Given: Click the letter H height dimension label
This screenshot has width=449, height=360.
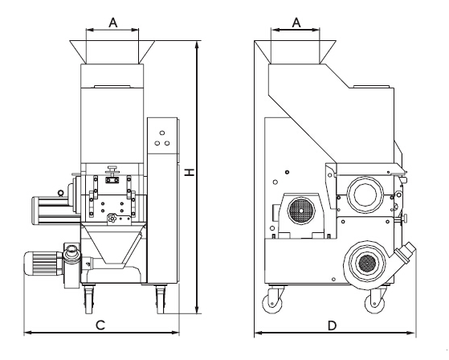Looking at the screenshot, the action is point(189,172).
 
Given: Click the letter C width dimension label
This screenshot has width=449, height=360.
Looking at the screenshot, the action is point(100,325).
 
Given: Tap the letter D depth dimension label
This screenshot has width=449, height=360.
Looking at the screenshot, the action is point(332,325).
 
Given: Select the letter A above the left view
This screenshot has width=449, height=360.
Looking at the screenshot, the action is point(112,22).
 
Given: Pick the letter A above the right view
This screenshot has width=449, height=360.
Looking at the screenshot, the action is point(296,22).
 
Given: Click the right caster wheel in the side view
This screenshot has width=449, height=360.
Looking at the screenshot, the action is point(374,303).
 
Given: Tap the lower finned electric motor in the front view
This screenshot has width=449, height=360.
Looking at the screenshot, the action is point(43,264).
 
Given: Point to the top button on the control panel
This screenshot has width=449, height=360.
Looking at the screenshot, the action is point(162,133).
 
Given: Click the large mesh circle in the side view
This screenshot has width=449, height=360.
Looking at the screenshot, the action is point(301,211).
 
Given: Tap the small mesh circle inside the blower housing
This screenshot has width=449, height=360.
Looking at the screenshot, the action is point(367,264).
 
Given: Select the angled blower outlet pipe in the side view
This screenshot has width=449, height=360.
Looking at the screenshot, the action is point(405,253).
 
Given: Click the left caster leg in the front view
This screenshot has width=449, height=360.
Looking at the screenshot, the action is point(89,298).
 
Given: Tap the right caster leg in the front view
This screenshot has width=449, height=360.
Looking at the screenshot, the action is point(161,299).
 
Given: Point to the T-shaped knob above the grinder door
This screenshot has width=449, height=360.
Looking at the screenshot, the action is point(112,170).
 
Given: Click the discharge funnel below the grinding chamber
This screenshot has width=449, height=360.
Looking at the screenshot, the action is point(112,243).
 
